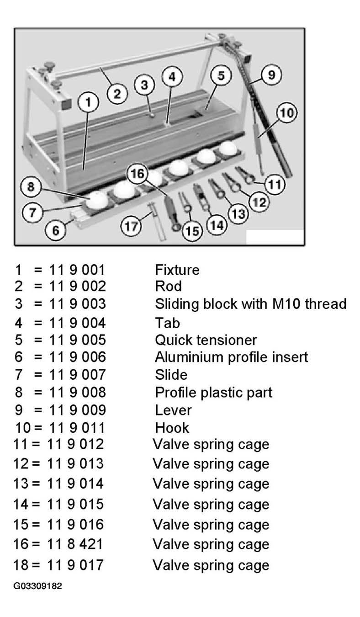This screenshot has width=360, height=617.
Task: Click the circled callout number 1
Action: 88,102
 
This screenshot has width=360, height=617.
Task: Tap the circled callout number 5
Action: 221,75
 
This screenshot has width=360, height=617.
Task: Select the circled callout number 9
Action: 271,74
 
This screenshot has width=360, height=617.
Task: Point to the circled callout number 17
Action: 131,226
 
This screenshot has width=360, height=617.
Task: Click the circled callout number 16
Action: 137,174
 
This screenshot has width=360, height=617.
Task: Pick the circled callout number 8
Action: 31,187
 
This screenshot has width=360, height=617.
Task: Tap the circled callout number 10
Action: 287,112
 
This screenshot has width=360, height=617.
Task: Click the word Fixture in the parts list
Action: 177,270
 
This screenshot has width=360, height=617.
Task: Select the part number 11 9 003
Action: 77,303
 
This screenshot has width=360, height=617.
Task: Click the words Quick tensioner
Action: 206,340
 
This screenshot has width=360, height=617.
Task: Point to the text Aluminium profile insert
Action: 231,357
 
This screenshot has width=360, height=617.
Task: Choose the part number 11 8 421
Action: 75,544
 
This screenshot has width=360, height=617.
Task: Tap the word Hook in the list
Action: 172,428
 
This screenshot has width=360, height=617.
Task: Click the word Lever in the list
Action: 173,410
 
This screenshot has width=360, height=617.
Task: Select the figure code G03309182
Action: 37,585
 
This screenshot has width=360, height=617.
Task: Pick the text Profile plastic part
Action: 213,393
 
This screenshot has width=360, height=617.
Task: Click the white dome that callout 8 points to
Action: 96,200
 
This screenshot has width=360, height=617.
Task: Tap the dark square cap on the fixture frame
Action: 66,104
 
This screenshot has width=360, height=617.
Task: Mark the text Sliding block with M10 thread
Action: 251,304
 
